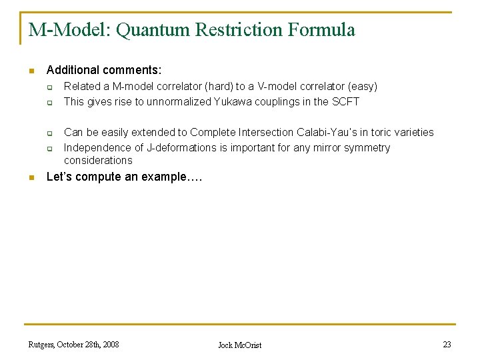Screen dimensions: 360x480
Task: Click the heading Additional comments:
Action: (x=104, y=70)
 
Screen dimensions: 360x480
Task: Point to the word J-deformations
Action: (x=176, y=148)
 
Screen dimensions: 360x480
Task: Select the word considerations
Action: (x=98, y=161)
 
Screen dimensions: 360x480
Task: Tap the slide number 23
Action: (x=447, y=345)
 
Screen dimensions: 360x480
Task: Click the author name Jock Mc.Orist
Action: (x=240, y=345)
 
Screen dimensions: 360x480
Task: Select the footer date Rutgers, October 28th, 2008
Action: (x=74, y=345)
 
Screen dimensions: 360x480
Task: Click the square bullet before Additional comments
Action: (x=31, y=71)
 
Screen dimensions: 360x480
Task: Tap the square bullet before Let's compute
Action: (x=31, y=177)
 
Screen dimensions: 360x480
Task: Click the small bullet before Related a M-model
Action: (x=49, y=87)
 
